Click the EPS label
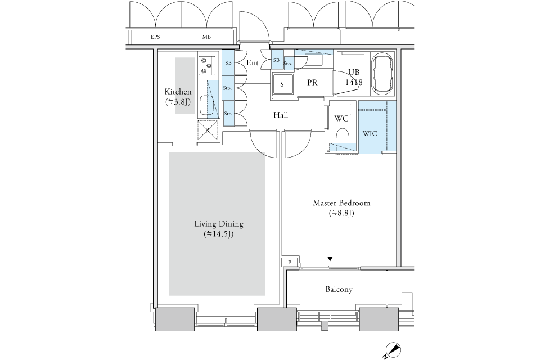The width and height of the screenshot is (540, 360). pyautogui.click(x=155, y=37)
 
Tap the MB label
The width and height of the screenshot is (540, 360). pyautogui.click(x=206, y=37)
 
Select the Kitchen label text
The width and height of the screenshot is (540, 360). pyautogui.click(x=178, y=92)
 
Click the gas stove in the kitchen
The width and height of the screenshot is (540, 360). pyautogui.click(x=207, y=65)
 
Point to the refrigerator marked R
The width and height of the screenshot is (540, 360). pyautogui.click(x=208, y=130)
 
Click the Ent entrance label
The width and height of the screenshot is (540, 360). pyautogui.click(x=253, y=62)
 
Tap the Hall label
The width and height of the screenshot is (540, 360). pyautogui.click(x=281, y=115)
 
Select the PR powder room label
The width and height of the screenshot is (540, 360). pyautogui.click(x=312, y=83)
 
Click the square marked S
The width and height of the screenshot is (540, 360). pyautogui.click(x=282, y=84)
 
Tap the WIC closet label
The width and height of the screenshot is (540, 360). pyautogui.click(x=370, y=133)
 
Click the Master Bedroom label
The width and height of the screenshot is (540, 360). pyautogui.click(x=341, y=203)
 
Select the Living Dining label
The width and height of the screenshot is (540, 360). pyautogui.click(x=219, y=224)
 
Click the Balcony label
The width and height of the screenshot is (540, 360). pyautogui.click(x=339, y=289)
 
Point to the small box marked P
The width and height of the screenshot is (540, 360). pyautogui.click(x=290, y=262)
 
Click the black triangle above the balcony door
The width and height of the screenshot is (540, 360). pyautogui.click(x=330, y=259)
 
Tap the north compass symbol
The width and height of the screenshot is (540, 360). pyautogui.click(x=393, y=350)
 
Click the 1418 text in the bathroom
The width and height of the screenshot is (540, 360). pyautogui.click(x=354, y=82)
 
